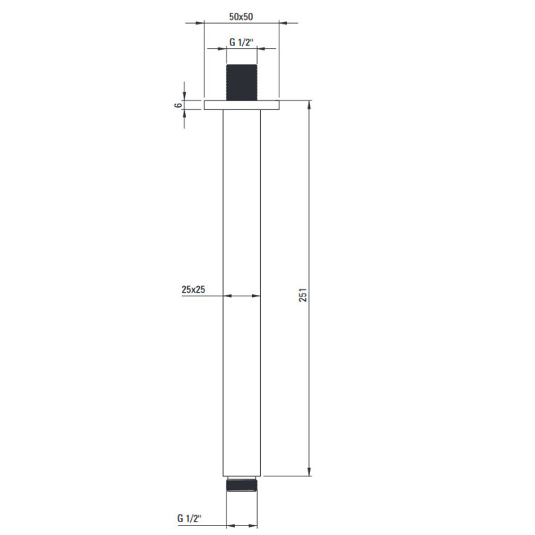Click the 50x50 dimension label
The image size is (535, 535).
[241, 16]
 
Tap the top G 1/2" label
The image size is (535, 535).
[241, 42]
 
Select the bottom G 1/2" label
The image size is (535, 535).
[189, 519]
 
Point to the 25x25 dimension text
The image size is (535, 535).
[193, 290]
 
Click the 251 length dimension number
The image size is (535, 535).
[303, 295]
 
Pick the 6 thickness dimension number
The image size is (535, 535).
[178, 105]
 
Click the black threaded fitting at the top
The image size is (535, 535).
[241, 82]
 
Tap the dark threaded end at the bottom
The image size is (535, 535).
[241, 484]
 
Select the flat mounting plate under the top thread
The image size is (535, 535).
[241, 105]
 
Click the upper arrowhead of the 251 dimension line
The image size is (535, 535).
[309, 105]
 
